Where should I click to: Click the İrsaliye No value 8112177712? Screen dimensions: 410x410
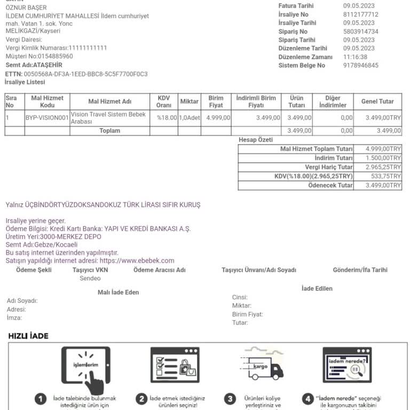click(360, 14)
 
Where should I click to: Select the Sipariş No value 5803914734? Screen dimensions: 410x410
click(360, 31)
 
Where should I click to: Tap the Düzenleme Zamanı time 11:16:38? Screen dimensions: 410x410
click(355, 57)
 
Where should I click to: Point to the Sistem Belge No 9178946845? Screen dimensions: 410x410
click(360, 65)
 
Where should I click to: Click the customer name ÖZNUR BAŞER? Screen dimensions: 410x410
click(26, 7)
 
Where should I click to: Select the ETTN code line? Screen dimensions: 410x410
click(76, 74)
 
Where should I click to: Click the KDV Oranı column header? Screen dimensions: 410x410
click(164, 101)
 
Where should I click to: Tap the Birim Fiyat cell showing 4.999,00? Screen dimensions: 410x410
click(218, 117)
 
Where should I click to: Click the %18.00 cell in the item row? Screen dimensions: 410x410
click(167, 117)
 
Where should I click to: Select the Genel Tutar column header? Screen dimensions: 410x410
click(377, 101)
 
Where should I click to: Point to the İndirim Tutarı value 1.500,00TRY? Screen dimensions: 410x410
click(383, 158)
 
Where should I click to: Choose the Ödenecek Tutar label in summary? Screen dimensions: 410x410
click(330, 185)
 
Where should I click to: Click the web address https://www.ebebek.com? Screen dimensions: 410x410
click(137, 261)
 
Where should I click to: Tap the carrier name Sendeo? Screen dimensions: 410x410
click(90, 278)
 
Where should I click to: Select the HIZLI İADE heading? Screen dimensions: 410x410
click(28, 336)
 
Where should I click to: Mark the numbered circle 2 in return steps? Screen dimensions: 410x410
click(141, 399)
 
